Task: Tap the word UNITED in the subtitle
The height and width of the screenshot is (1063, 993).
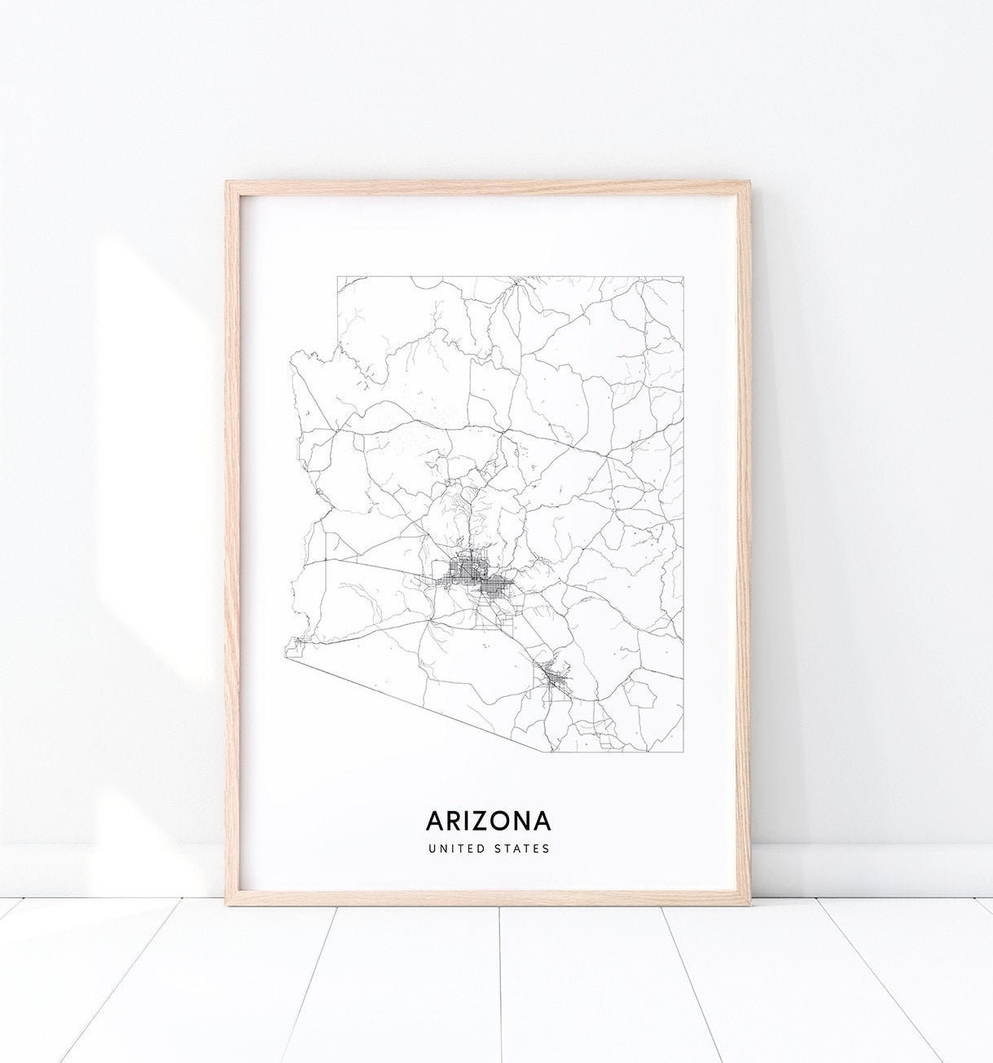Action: point(455,849)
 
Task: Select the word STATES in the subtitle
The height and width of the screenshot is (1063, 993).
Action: point(521,849)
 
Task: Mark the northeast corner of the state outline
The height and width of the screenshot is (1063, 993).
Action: point(683,277)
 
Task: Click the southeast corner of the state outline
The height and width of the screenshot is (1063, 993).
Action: point(683,751)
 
